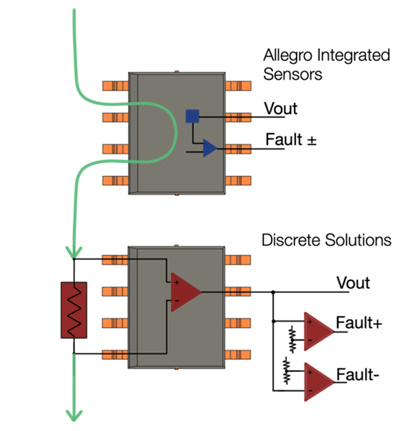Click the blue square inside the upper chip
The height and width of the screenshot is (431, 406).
click(x=192, y=116)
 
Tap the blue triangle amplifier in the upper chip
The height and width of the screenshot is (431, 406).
click(x=209, y=148)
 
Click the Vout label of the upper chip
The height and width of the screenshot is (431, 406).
click(x=280, y=109)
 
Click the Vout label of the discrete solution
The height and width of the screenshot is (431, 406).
click(x=354, y=283)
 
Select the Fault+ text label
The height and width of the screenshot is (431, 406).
click(x=364, y=323)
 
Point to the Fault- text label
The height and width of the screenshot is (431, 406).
click(x=361, y=374)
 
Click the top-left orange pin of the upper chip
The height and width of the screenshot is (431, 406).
click(x=116, y=86)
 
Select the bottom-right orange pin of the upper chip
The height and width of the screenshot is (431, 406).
click(x=238, y=180)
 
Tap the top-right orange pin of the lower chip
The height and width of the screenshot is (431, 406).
click(x=238, y=259)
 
